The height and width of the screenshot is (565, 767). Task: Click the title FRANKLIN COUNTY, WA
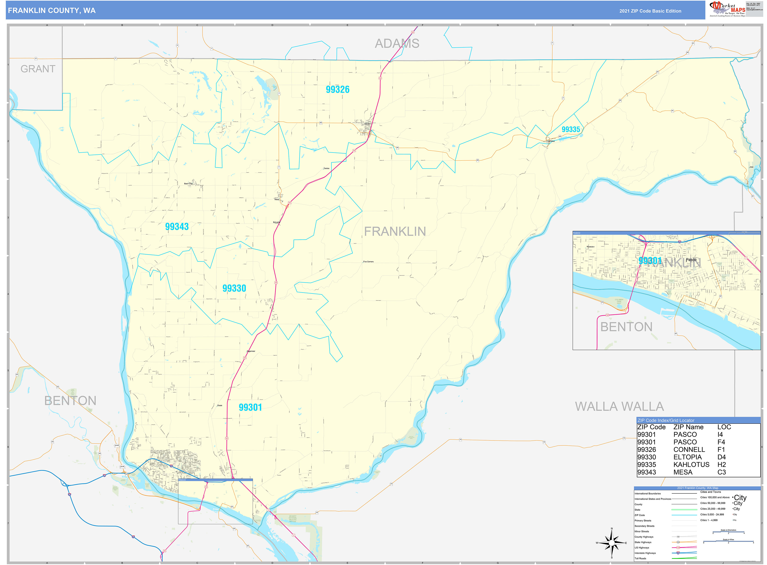coord(52,11)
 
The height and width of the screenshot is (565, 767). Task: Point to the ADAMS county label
coord(397,44)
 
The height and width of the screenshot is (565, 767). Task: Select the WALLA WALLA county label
coord(619,407)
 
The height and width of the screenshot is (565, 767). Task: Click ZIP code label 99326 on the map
coord(337,90)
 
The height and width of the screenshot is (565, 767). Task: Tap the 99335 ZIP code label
coord(571,130)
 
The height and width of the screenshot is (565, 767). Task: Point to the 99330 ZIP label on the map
coord(234,289)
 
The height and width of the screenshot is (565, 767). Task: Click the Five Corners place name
coord(368,262)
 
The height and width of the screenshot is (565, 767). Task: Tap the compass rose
coord(612,543)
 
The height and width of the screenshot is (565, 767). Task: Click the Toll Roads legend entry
coord(641,558)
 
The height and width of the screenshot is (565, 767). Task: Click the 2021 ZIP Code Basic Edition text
coord(650,11)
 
